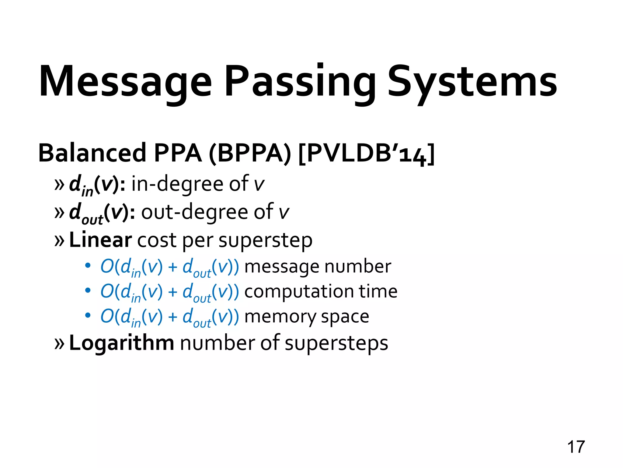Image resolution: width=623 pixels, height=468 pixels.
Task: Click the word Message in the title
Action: [x=125, y=82]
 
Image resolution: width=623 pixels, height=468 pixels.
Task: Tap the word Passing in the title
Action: [x=300, y=82]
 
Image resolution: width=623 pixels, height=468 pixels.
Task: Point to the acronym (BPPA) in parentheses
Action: [x=250, y=153]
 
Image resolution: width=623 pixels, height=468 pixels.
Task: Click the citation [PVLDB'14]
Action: [x=366, y=153]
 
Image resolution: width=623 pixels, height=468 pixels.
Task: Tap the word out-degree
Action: [x=195, y=212]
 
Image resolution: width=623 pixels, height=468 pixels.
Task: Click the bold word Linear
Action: [x=100, y=240]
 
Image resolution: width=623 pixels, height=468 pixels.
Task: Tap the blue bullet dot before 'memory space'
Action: [x=88, y=315]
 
